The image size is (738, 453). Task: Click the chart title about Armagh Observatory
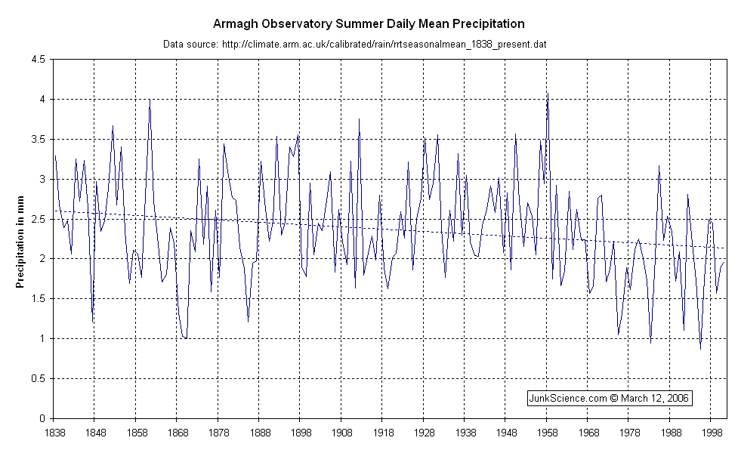[369, 25]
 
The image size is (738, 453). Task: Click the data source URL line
[355, 45]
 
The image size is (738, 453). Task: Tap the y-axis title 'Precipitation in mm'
[21, 239]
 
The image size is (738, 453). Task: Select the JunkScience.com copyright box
[609, 398]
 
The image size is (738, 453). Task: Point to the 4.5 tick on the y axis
[38, 59]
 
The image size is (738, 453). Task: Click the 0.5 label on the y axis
[38, 378]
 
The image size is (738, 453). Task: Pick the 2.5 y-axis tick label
[38, 219]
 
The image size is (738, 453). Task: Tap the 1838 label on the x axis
[54, 433]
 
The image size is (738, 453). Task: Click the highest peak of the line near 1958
[547, 94]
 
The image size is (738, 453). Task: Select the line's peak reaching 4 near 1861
[150, 99]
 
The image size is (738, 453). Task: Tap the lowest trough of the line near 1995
[700, 349]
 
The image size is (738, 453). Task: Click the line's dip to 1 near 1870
[185, 338]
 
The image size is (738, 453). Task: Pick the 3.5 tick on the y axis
[38, 139]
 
